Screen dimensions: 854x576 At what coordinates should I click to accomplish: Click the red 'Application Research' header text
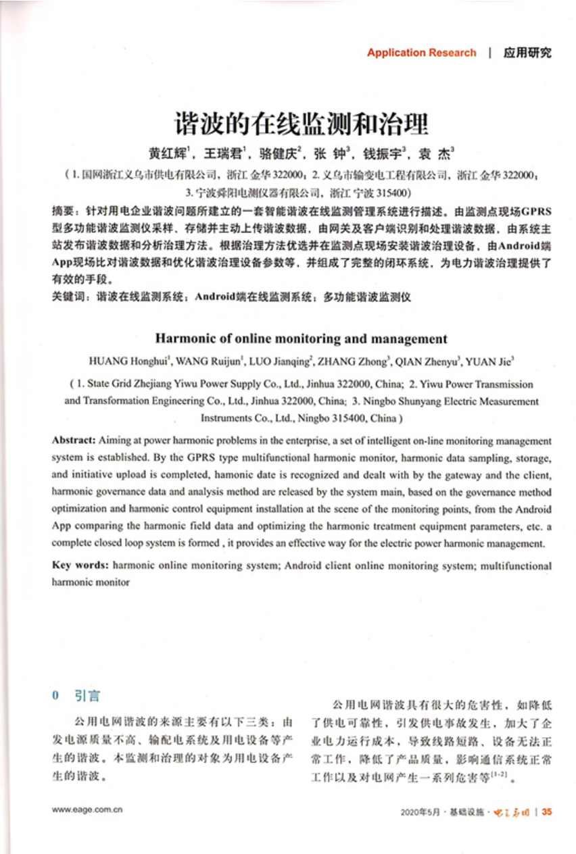(x=421, y=53)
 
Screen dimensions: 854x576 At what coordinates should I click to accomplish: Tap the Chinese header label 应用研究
(x=527, y=53)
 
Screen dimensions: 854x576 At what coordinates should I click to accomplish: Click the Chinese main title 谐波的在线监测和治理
(x=302, y=124)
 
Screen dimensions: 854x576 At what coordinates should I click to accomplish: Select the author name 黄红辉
(x=166, y=152)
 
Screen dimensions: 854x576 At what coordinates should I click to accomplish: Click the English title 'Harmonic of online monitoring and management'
(x=302, y=339)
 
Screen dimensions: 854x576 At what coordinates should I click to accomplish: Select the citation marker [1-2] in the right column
(x=500, y=776)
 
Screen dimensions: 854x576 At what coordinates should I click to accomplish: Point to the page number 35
(x=547, y=811)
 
